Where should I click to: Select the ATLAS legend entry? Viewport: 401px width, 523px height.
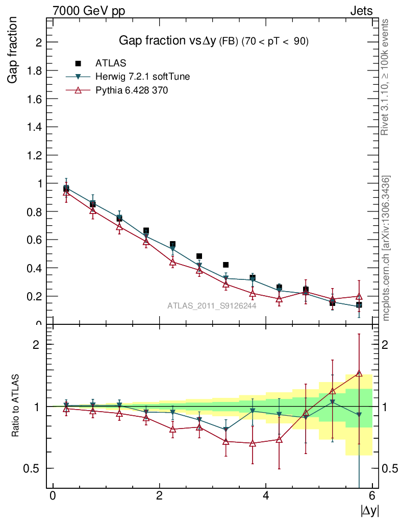(x=110, y=63)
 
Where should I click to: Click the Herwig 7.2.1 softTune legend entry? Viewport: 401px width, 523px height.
(x=143, y=77)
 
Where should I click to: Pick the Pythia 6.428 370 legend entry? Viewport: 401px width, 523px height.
(x=132, y=90)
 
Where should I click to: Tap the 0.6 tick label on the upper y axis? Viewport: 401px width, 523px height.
(x=35, y=240)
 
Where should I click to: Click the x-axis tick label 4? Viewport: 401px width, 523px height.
(x=266, y=496)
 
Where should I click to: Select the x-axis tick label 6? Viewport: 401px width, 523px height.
(x=372, y=496)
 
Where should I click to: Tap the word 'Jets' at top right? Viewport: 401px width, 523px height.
(x=361, y=11)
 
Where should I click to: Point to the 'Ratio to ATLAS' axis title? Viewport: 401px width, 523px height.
(x=16, y=406)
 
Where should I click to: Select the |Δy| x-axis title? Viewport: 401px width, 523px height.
(x=370, y=511)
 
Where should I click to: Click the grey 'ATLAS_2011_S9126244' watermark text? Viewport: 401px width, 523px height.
(x=212, y=306)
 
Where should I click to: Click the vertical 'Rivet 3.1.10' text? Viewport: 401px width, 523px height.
(x=386, y=77)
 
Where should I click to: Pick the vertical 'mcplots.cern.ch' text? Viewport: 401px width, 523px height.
(x=387, y=248)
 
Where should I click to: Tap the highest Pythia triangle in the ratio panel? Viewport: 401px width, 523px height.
(x=359, y=373)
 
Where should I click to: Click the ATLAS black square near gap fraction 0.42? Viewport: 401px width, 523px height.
(x=226, y=265)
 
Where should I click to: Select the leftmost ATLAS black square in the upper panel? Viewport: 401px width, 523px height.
(x=66, y=188)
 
